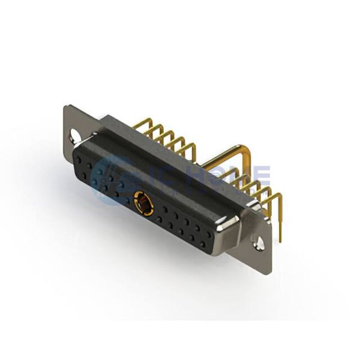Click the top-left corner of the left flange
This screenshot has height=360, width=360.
[65, 107]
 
